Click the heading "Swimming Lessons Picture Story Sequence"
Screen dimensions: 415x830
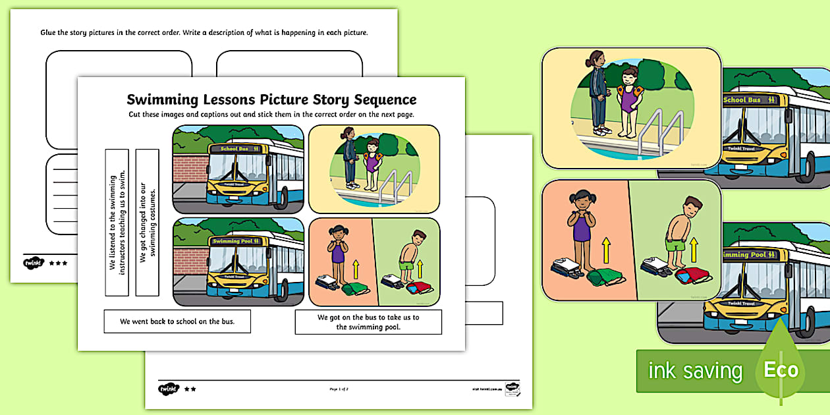271,99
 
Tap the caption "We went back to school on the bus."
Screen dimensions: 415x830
177,321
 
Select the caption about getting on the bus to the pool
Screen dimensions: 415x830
368,321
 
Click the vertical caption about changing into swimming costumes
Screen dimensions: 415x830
147,222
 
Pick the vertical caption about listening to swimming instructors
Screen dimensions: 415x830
117,222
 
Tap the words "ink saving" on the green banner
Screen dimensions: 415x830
694,371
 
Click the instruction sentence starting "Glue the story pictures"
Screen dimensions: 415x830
204,32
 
